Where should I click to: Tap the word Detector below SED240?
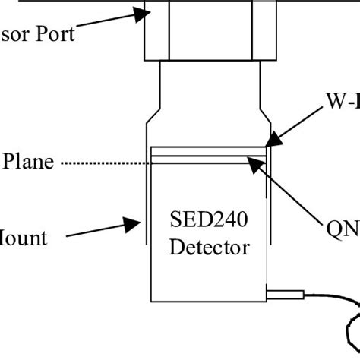pyautogui.click(x=209, y=247)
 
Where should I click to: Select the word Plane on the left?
pyautogui.click(x=28, y=163)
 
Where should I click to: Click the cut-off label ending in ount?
pyautogui.click(x=23, y=238)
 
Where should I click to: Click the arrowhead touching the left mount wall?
pyautogui.click(x=137, y=221)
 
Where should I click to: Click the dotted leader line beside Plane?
pyautogui.click(x=106, y=163)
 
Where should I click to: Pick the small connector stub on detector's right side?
pyautogui.click(x=285, y=292)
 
